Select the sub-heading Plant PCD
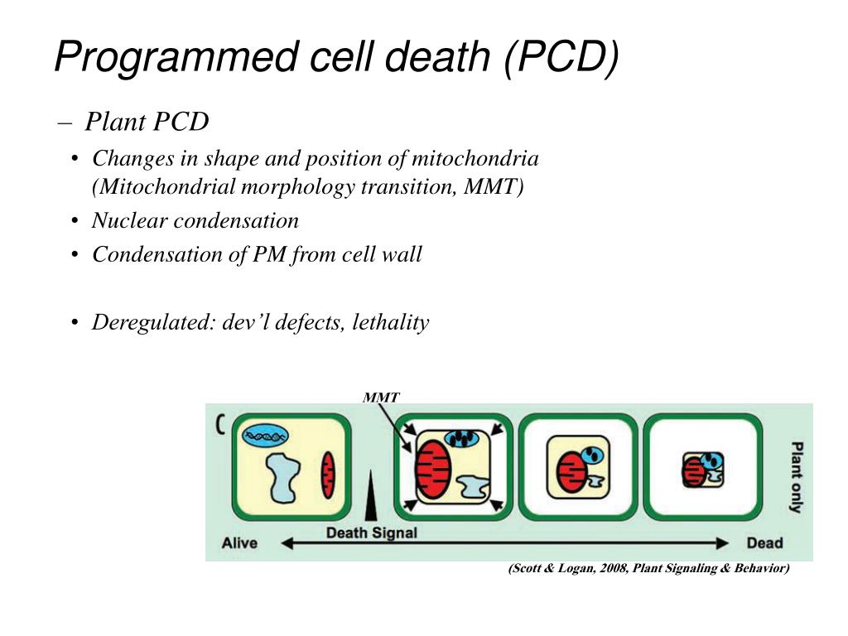(147, 123)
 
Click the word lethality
(390, 321)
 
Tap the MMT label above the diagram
(381, 397)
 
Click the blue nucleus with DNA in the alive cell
(265, 433)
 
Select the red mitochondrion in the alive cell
(328, 475)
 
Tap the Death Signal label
(371, 532)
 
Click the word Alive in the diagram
(239, 543)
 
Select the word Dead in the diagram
(764, 543)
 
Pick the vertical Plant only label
(795, 478)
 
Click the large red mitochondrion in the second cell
(433, 470)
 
